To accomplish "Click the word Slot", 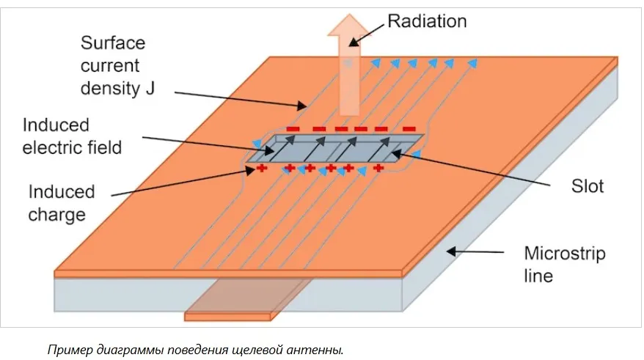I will [x=588, y=186].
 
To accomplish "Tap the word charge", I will [x=56, y=216].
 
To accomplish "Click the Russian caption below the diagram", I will [x=195, y=348].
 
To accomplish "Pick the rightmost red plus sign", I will [x=378, y=169].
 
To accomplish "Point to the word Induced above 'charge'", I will [x=62, y=192].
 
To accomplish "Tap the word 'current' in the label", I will [x=109, y=66].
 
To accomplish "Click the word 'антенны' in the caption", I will [x=321, y=348].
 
